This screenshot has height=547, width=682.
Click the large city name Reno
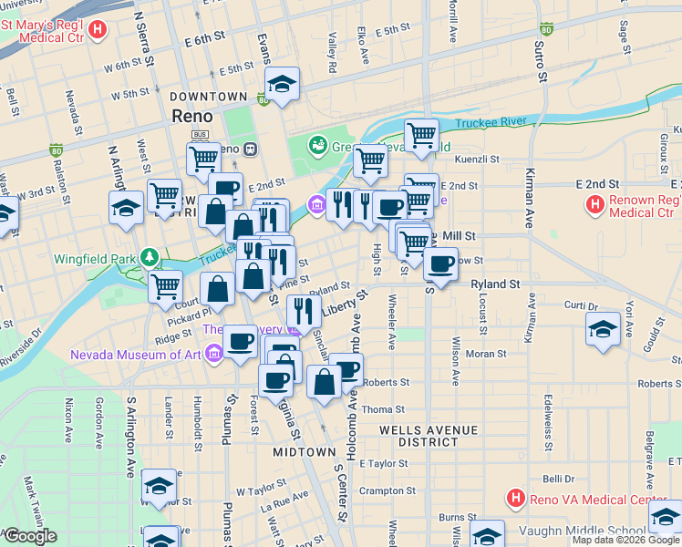click(x=192, y=117)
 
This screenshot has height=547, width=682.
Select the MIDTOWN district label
click(x=305, y=452)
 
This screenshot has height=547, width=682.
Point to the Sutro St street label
click(x=541, y=60)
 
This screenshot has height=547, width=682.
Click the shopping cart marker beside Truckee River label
click(x=421, y=136)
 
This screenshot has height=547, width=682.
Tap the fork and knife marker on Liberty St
click(x=305, y=311)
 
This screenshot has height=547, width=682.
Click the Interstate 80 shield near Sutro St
click(x=545, y=29)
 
